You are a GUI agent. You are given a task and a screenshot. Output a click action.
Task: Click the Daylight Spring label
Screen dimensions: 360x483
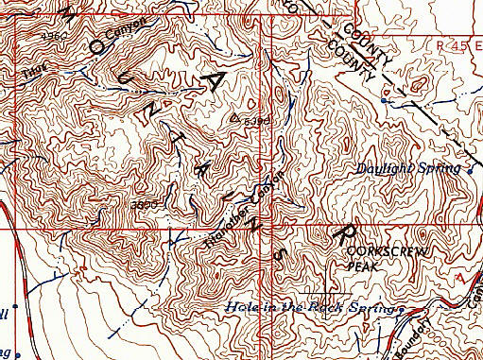[408, 169]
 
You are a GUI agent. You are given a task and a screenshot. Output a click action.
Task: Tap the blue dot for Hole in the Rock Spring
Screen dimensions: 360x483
[401, 309]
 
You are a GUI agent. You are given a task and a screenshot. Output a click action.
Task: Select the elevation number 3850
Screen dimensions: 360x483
[143, 203]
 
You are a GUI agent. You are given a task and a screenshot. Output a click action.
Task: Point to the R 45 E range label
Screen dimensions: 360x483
[457, 44]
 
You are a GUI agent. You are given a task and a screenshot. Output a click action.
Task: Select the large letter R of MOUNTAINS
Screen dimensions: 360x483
[342, 231]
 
